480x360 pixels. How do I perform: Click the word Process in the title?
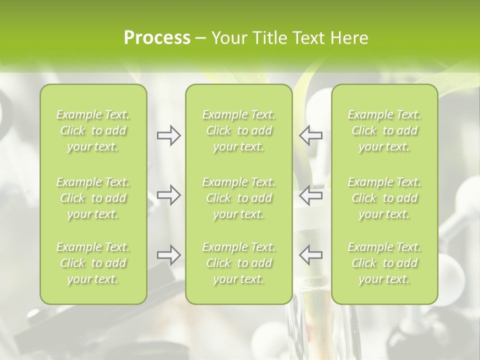(157, 38)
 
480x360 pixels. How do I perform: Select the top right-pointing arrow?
(168, 135)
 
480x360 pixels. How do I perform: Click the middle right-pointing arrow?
(168, 195)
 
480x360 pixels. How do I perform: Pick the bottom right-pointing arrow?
(168, 255)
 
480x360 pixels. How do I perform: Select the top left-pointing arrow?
(310, 135)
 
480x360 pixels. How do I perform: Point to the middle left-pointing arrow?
(310, 195)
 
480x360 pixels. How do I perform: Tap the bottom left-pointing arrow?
(310, 255)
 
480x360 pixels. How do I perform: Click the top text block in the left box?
(93, 130)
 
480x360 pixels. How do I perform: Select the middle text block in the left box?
(93, 198)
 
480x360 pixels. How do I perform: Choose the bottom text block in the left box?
(93, 263)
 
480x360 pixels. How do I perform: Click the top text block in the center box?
(239, 130)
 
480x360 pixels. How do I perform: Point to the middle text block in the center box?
(239, 198)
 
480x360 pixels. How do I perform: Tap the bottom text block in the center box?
(239, 263)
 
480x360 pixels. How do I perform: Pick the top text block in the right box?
(384, 130)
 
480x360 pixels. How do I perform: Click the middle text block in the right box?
(384, 198)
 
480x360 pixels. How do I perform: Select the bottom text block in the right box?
(384, 263)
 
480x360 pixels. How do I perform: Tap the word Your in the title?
(227, 38)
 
